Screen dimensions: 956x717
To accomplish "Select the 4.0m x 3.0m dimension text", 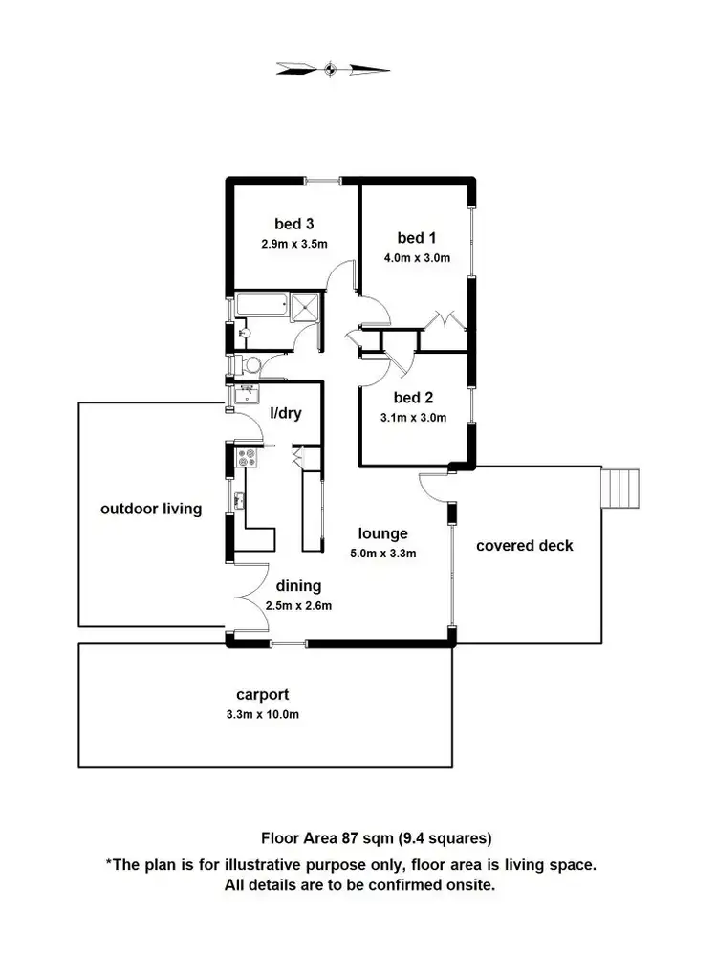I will (x=418, y=257).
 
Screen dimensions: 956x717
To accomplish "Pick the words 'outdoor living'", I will (x=151, y=509).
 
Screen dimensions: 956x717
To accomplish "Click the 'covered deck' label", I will (x=525, y=545).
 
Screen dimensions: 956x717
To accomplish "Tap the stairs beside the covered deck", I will (x=619, y=489).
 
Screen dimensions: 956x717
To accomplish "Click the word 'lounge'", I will (x=383, y=533).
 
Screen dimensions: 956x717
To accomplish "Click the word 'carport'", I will (x=262, y=695).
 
